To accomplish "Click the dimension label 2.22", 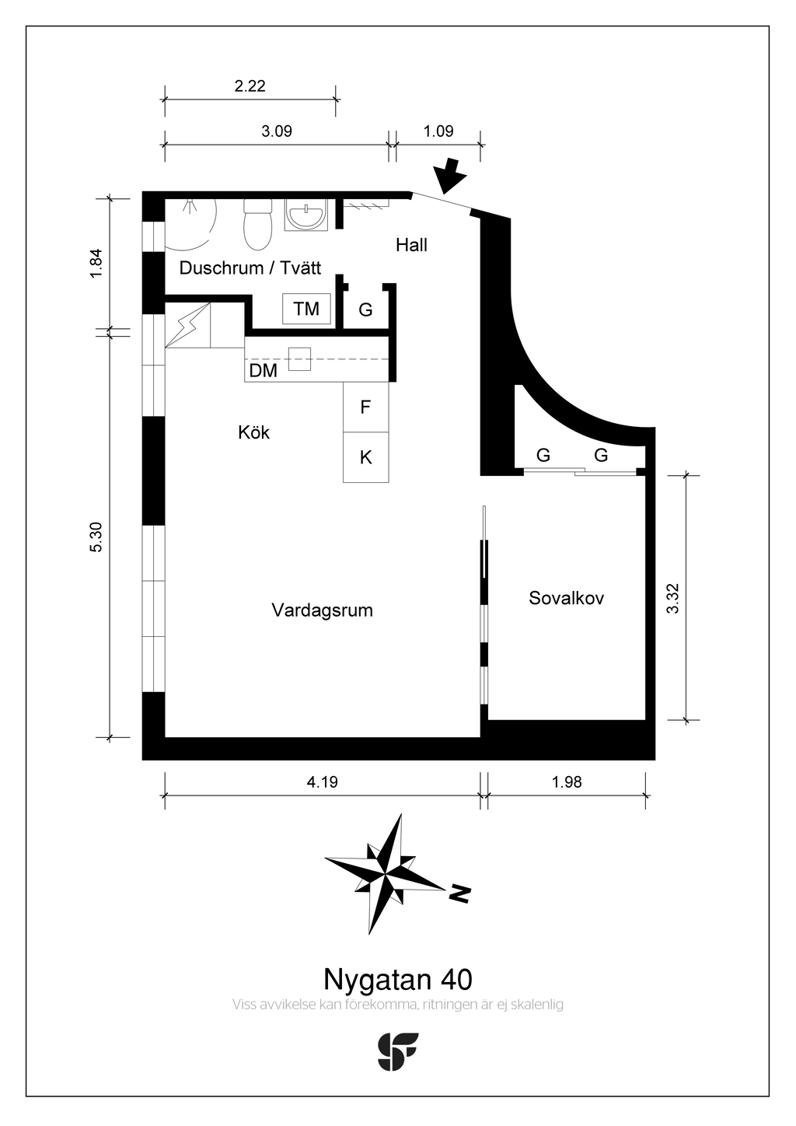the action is [x=250, y=86].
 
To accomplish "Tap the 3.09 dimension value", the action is [x=277, y=131].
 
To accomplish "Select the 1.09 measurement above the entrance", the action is [x=438, y=131].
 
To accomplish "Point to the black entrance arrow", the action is [x=450, y=177].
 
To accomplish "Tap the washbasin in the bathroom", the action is [x=305, y=215].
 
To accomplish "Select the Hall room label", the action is [x=411, y=245].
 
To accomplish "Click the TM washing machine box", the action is [x=306, y=308].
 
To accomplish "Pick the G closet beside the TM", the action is [x=365, y=309].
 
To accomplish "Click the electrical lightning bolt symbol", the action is [x=187, y=325].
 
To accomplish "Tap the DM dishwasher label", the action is [x=264, y=370].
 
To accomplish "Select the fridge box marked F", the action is [x=366, y=407].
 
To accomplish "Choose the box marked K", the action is [x=366, y=457].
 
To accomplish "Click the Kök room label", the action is [x=253, y=432].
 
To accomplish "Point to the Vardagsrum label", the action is [x=322, y=610].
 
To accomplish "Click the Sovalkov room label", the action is [x=566, y=598].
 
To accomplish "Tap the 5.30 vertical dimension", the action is [x=96, y=537].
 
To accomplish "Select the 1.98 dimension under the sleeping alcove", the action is [x=567, y=782].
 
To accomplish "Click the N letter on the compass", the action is [x=459, y=892].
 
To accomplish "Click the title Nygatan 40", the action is [x=398, y=979].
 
